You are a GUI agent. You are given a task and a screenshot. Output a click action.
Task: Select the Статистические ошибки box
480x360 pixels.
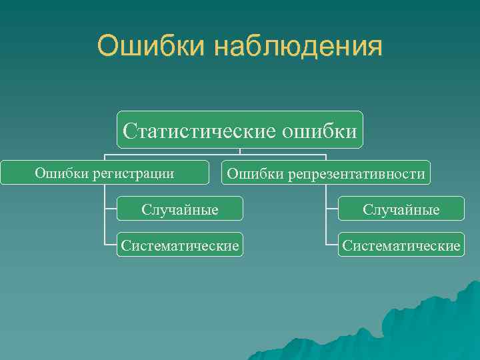point(239,129)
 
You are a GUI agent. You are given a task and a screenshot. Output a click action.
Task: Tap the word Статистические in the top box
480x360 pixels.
point(199,129)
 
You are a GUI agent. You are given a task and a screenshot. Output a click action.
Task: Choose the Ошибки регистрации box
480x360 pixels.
point(105,173)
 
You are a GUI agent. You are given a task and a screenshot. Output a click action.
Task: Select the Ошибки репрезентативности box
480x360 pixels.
point(326,173)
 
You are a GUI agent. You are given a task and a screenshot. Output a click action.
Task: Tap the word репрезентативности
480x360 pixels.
point(357,174)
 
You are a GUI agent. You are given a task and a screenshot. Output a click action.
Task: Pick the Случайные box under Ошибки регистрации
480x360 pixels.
point(179,209)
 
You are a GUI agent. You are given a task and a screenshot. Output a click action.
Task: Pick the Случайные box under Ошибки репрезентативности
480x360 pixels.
point(401,209)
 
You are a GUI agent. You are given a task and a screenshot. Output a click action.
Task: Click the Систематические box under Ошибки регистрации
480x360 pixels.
point(179,246)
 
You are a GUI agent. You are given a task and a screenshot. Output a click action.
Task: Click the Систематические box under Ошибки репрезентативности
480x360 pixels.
point(401,246)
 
